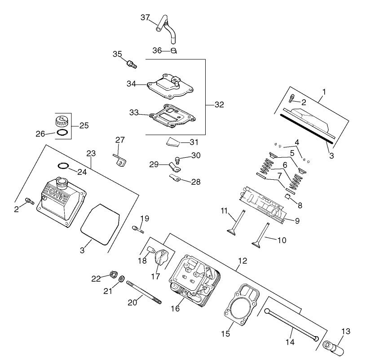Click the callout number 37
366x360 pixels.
tap(145, 18)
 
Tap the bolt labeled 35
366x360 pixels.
tap(131, 64)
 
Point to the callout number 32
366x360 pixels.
tap(219, 105)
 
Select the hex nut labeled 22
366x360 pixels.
tap(113, 274)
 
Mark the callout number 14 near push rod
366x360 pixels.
tap(290, 342)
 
